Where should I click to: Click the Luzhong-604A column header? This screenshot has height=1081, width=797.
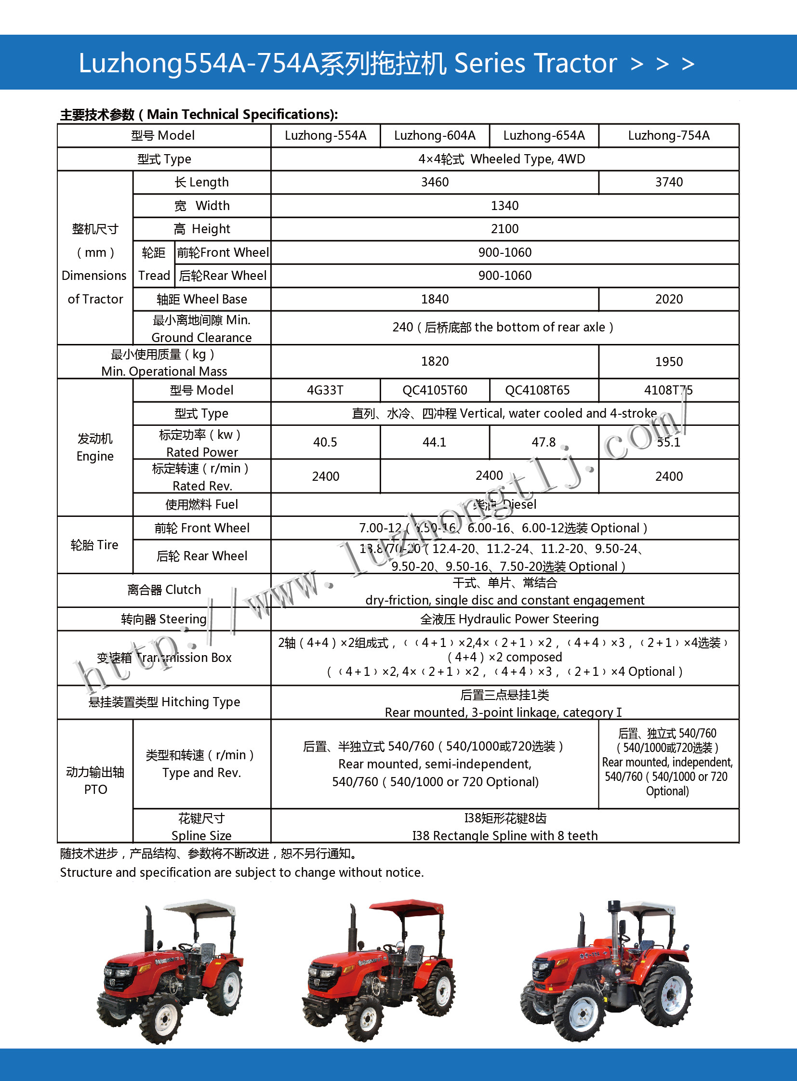(435, 135)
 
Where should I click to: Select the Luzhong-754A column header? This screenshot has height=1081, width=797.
(669, 135)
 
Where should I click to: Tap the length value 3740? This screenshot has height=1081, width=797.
(669, 183)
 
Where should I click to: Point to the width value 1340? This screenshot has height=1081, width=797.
(505, 206)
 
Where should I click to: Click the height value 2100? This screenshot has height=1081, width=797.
(505, 229)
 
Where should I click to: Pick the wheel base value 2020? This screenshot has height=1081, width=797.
(669, 300)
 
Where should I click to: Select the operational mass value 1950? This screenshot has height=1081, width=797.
(669, 362)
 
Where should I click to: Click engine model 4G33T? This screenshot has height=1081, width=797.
(325, 390)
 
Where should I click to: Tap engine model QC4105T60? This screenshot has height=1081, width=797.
(435, 390)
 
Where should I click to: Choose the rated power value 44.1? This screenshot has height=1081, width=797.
(434, 442)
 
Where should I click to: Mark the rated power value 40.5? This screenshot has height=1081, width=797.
(325, 442)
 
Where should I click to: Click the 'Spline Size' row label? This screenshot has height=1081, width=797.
(201, 835)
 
